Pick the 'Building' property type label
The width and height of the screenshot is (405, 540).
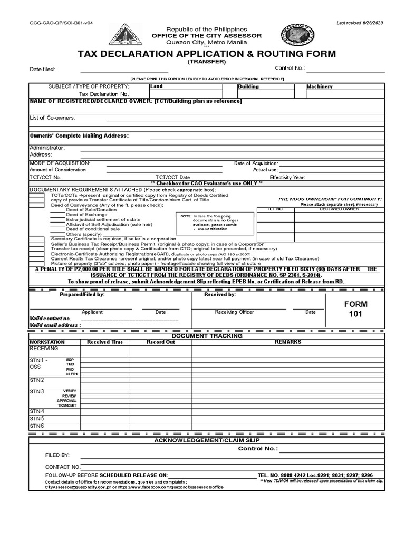[248, 86]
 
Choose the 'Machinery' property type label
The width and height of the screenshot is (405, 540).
[320, 86]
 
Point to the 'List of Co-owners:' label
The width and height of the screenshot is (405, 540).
[52, 117]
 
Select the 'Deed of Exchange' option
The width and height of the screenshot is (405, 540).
[86, 215]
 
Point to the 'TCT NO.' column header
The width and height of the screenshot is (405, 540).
[274, 209]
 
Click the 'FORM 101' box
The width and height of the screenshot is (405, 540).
[356, 310]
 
